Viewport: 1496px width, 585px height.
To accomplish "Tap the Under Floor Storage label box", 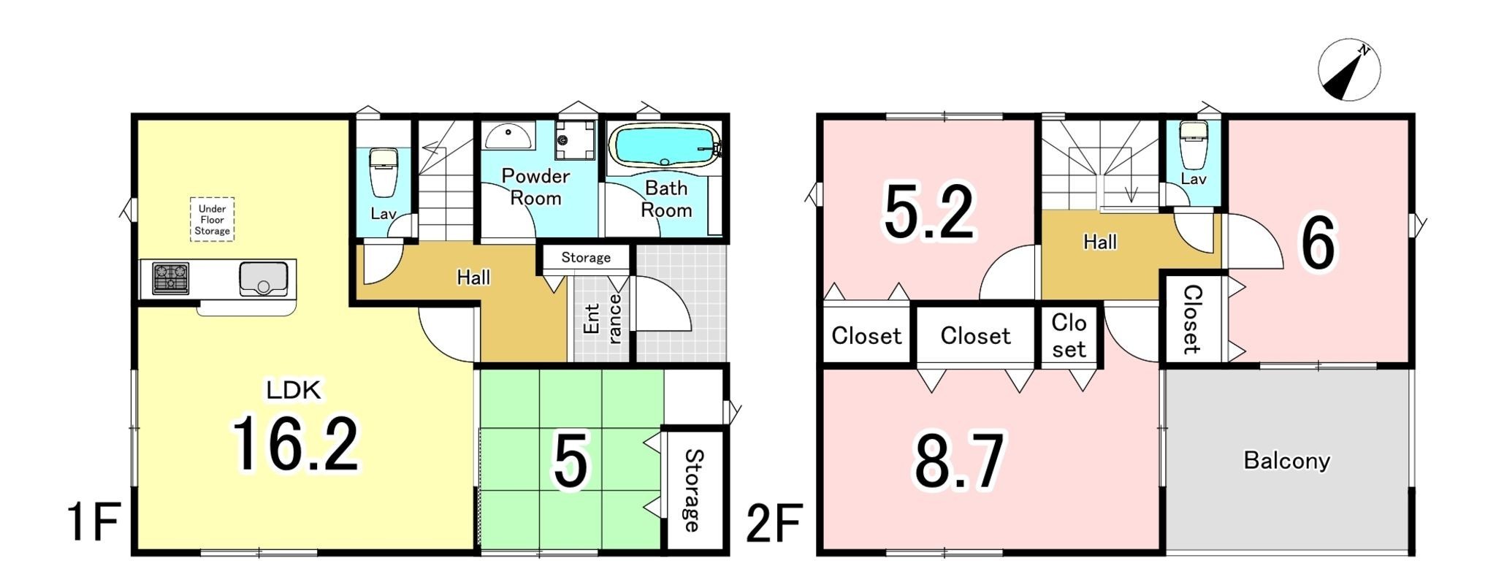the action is tap(212, 220).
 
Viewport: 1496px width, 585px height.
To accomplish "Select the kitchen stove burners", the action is tap(170, 278).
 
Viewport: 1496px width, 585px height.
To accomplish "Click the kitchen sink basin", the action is tap(263, 279).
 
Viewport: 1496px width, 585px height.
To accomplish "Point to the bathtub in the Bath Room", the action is tap(664, 145).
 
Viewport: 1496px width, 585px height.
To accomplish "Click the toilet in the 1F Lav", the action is tap(383, 172).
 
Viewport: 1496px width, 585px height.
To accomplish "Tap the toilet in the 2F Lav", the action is tap(1194, 143).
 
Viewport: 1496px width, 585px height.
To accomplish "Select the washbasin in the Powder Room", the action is tap(508, 135).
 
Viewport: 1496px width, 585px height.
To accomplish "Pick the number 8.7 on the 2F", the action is tap(959, 460).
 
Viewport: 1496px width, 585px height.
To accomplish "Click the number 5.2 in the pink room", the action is tap(929, 212).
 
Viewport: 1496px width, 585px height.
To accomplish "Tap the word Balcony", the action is tap(1287, 461).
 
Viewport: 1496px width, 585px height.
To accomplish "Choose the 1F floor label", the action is tap(93, 521).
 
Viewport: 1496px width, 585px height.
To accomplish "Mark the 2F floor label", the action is tap(774, 523).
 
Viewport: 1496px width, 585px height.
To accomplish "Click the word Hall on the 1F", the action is tap(473, 278).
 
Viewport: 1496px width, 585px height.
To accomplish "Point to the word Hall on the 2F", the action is tap(1100, 242).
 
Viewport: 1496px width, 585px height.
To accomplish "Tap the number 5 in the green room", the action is tap(570, 462).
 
